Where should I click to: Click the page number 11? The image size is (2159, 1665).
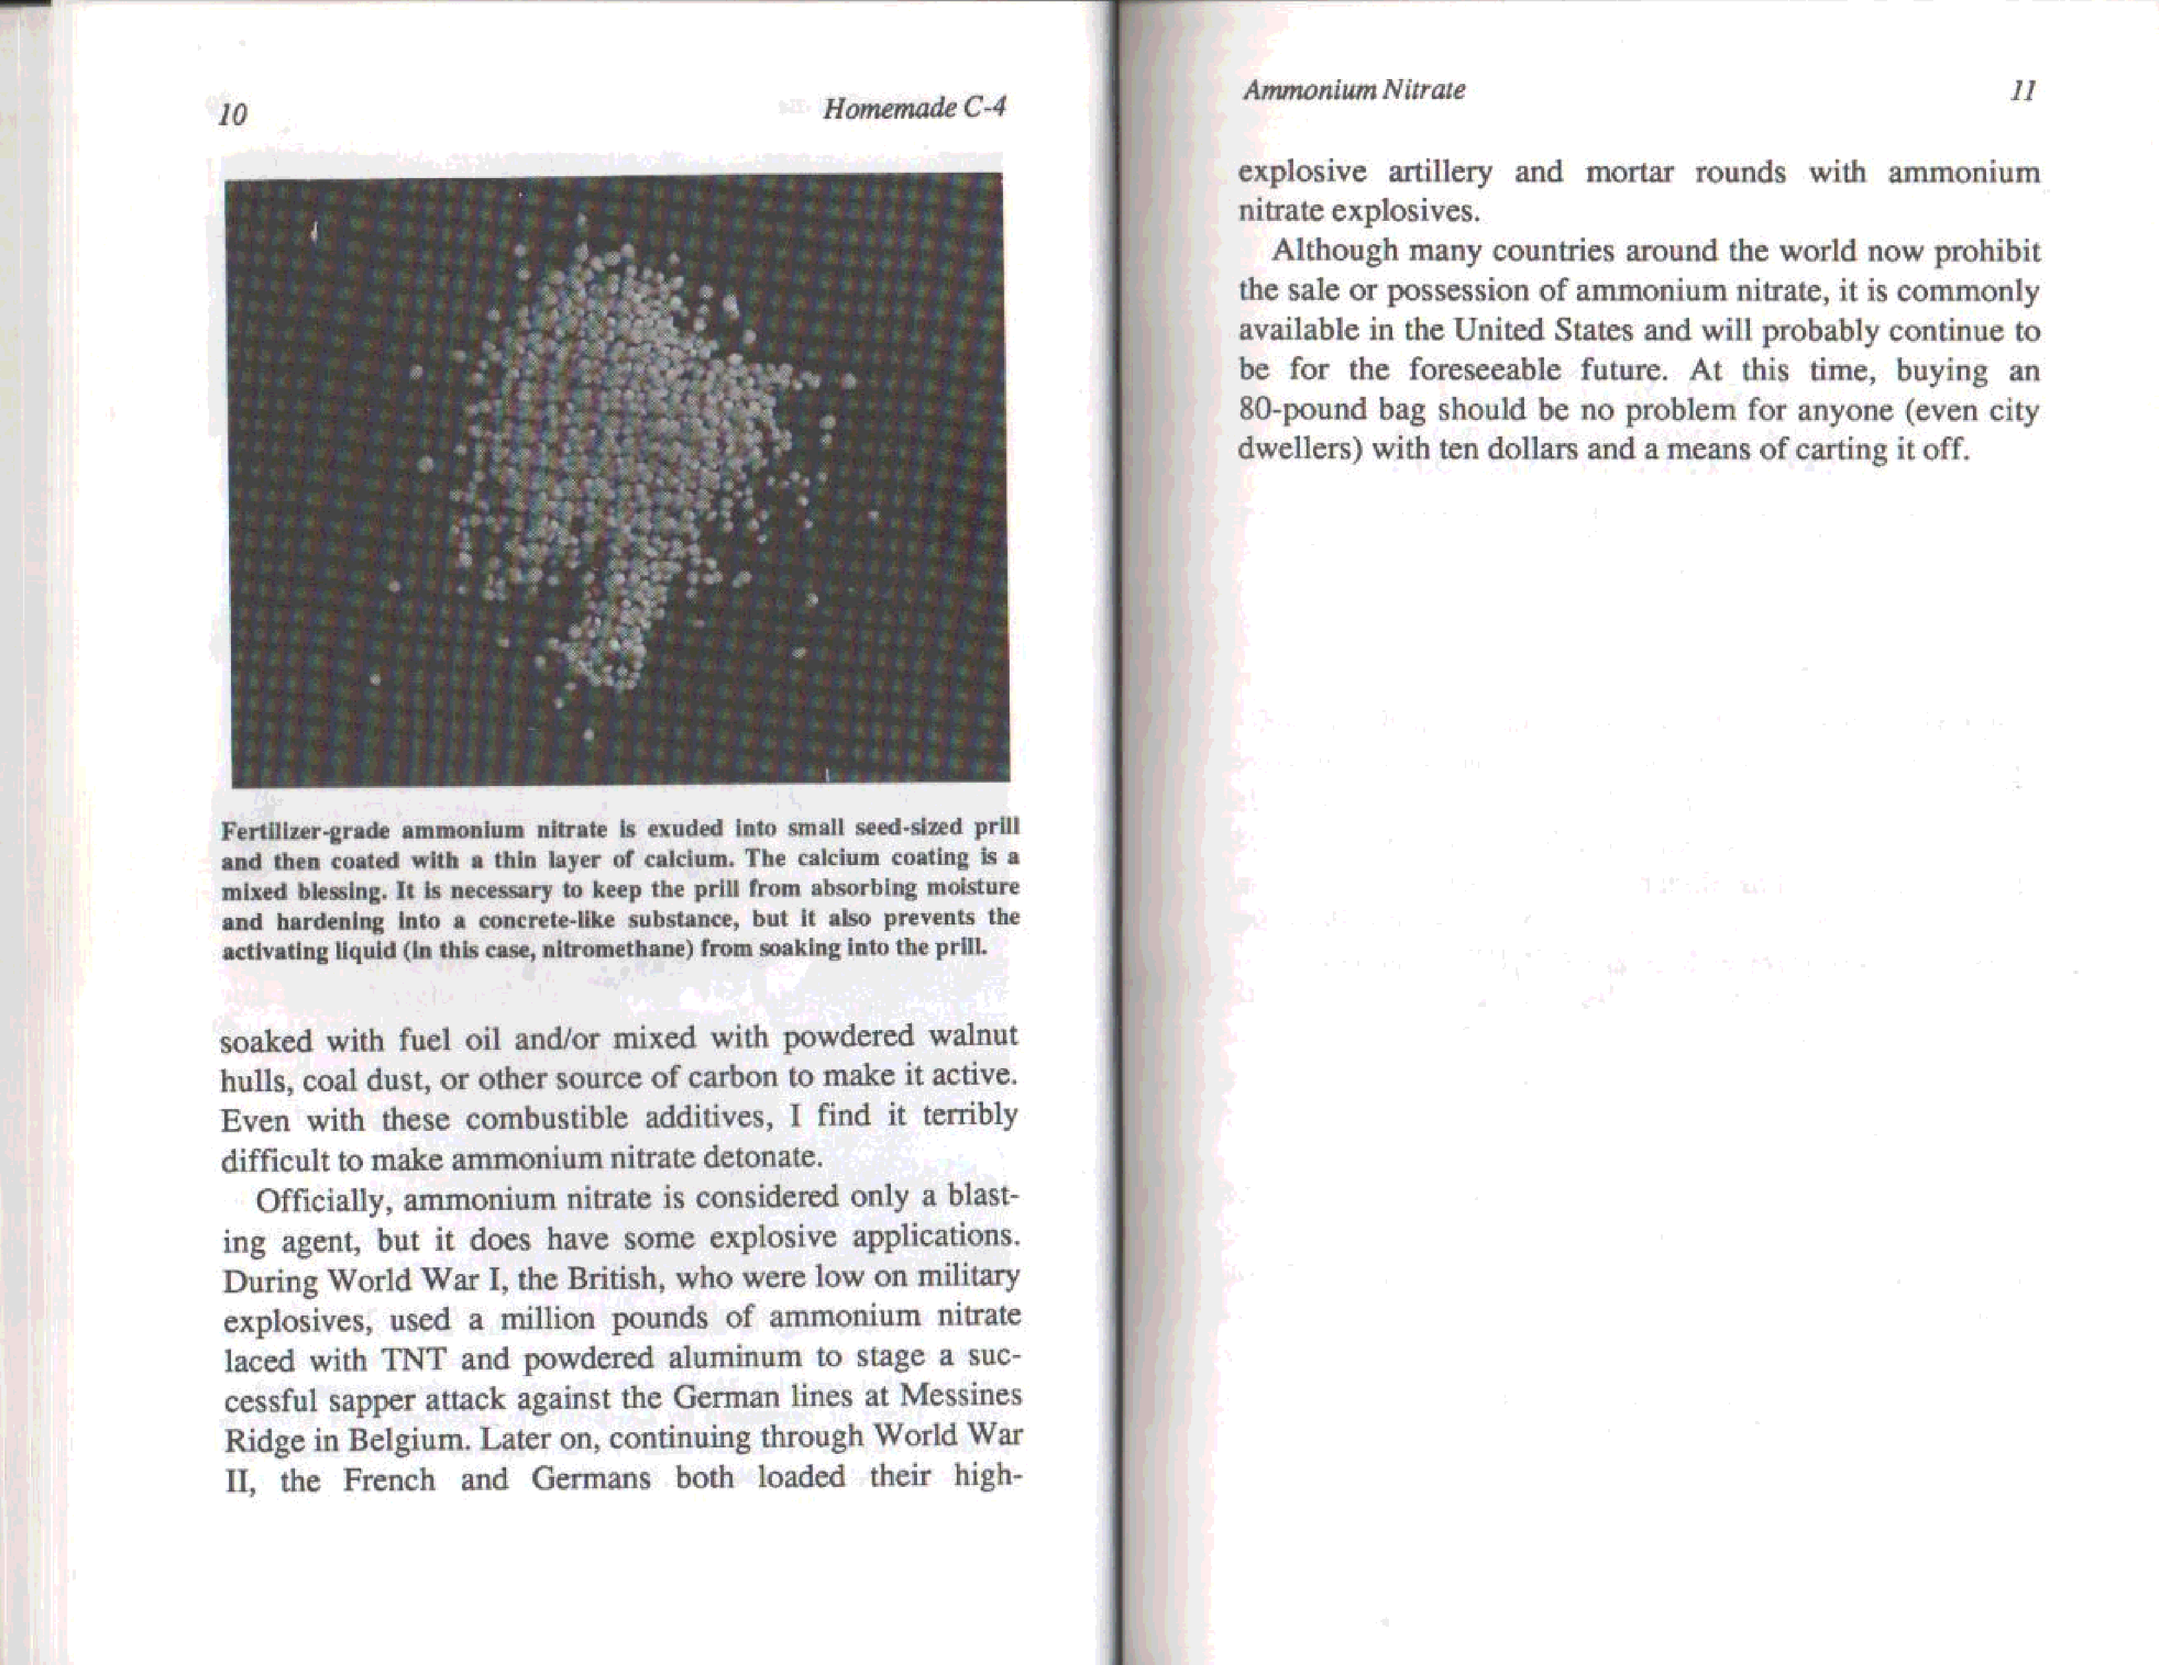pyautogui.click(x=2022, y=91)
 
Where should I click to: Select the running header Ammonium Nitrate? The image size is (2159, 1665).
pyautogui.click(x=1353, y=90)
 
